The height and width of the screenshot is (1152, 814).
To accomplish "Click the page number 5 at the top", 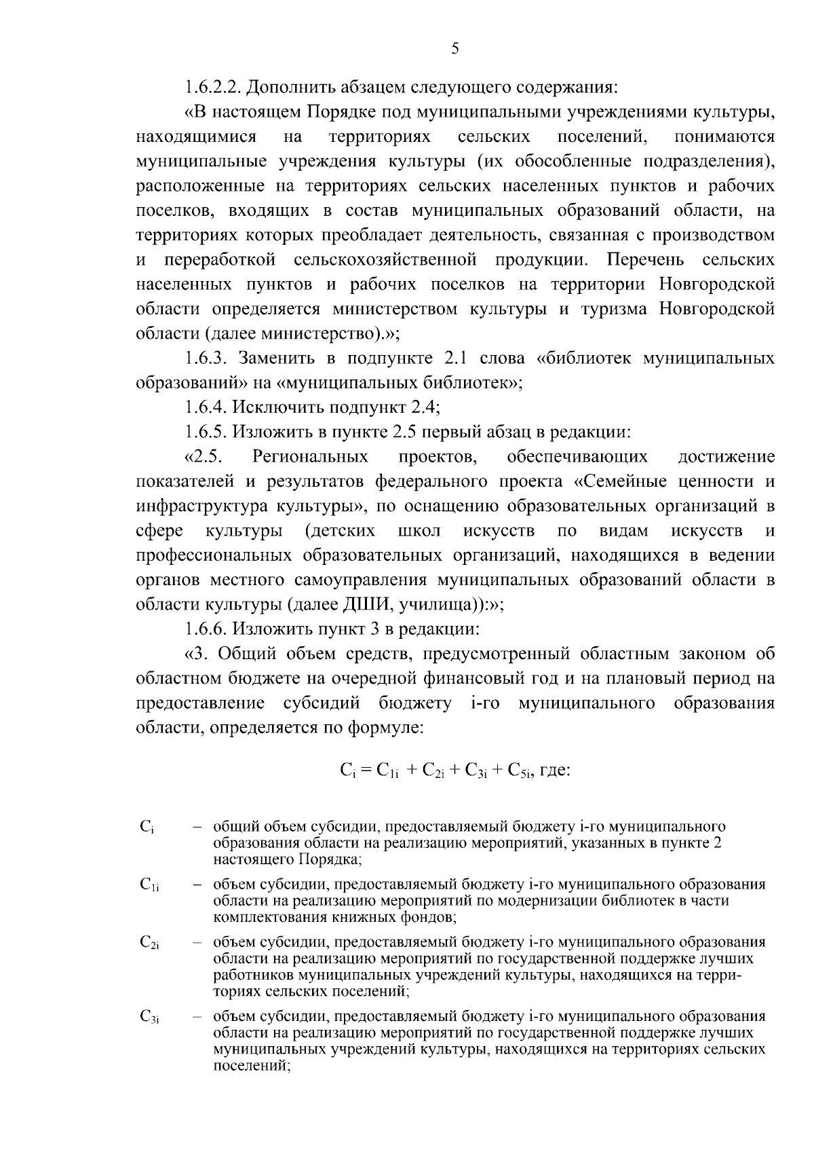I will click(x=455, y=48).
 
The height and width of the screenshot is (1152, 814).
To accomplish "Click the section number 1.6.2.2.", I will click(x=213, y=88).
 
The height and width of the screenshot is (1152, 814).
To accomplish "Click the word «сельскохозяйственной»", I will click(x=386, y=260).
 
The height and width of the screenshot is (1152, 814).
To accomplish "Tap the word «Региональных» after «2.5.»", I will click(x=310, y=456).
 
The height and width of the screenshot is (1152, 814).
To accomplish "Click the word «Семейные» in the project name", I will click(x=616, y=481).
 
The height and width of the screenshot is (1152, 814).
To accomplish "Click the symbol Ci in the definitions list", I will click(x=147, y=827).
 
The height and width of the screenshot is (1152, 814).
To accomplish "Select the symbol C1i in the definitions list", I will click(x=149, y=885).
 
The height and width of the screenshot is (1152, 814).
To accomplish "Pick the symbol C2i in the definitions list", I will click(x=149, y=942).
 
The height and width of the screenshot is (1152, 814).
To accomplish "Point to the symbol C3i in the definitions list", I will click(x=149, y=1017).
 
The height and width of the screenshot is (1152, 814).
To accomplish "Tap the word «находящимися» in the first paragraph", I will click(x=196, y=136).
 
